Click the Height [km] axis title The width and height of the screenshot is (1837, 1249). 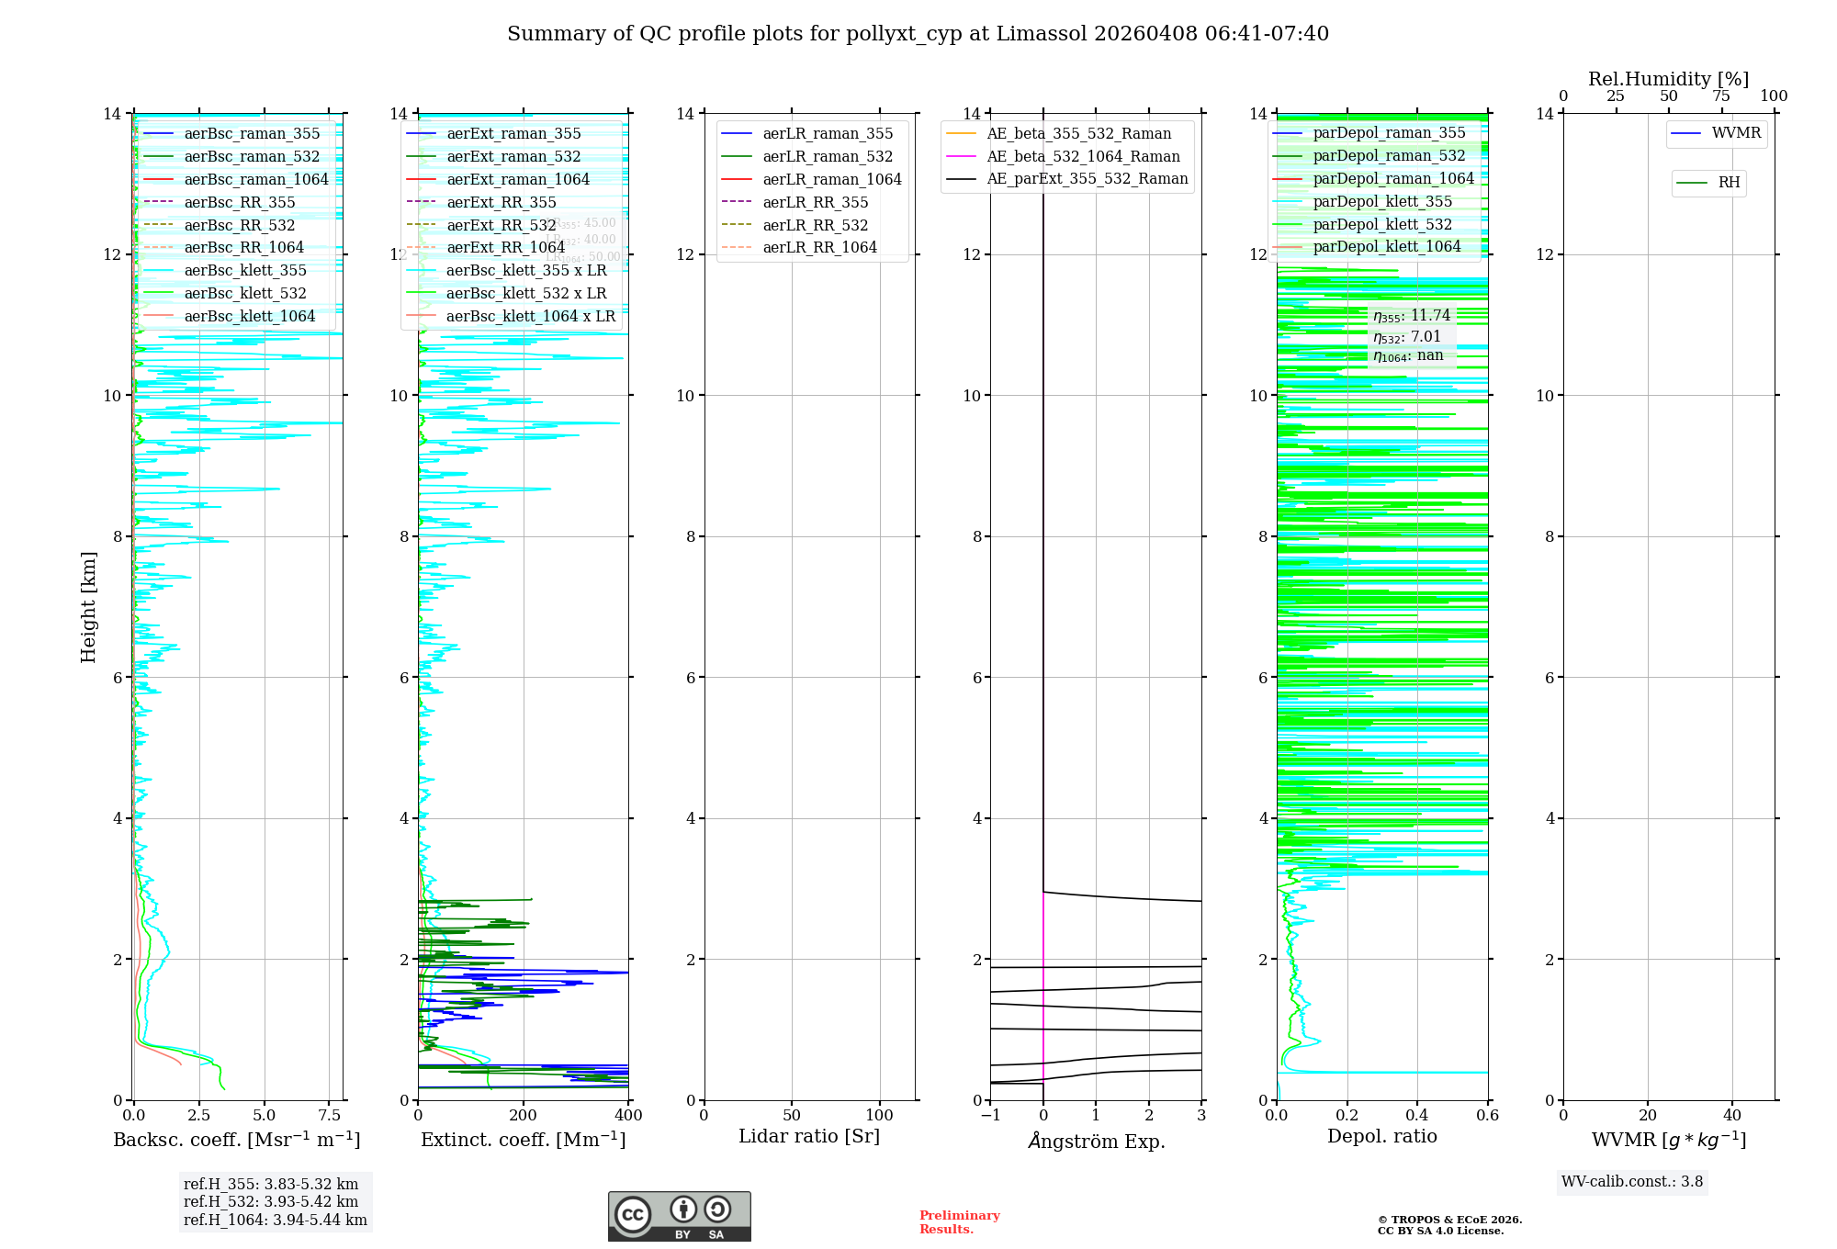[88, 606]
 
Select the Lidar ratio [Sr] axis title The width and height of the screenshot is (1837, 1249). [809, 1136]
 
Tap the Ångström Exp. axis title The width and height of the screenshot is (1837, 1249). [1096, 1141]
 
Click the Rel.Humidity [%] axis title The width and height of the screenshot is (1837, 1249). [1668, 79]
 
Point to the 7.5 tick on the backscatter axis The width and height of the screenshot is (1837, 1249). [330, 1116]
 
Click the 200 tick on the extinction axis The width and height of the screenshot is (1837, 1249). [524, 1116]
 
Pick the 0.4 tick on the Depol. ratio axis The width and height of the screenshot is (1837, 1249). [1417, 1116]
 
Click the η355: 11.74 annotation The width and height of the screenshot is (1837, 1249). [1412, 316]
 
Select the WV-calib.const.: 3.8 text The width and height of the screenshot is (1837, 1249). [1632, 1182]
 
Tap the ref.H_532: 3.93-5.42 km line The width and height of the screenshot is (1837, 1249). [271, 1201]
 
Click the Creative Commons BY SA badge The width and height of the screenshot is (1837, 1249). [679, 1216]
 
